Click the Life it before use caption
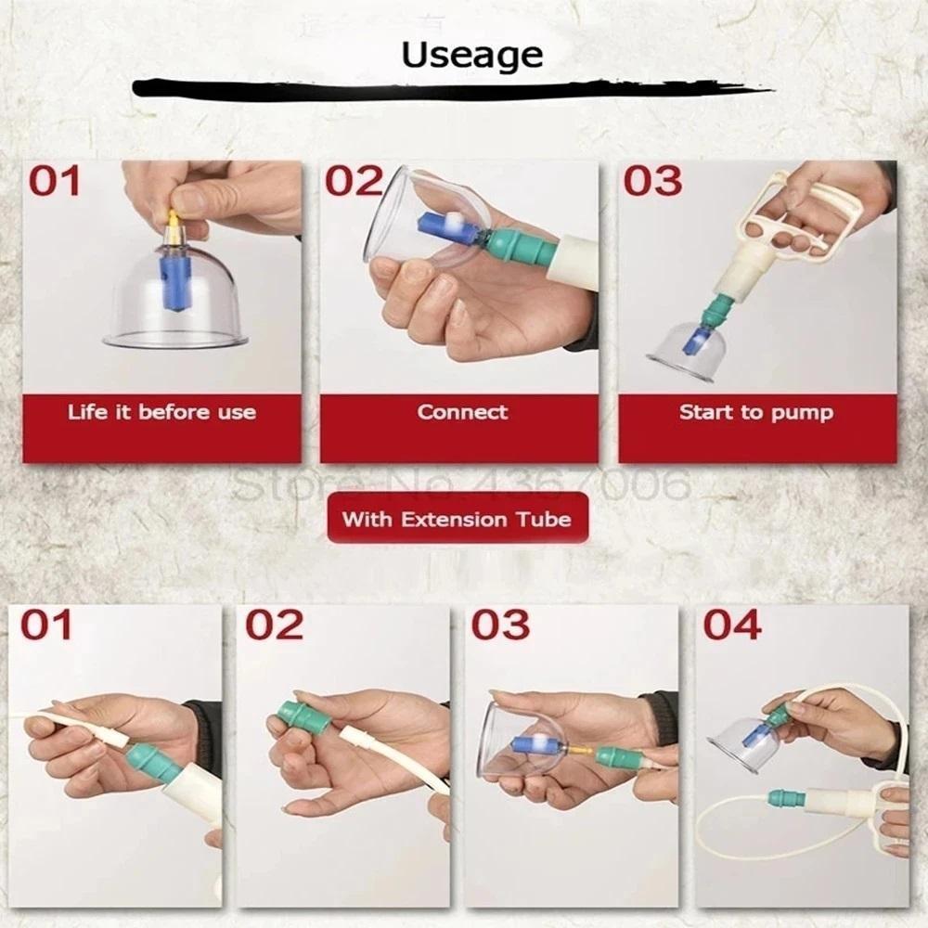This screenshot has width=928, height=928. pos(161,412)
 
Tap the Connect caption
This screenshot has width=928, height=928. pos(462,412)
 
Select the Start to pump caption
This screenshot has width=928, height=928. pos(755,412)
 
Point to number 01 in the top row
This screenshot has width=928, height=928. pos(55,181)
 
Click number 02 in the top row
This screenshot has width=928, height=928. pos(353,181)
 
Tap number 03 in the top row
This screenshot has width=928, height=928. pos(652,181)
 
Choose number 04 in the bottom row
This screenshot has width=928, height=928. pos(731,625)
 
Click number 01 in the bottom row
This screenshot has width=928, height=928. pos(46,625)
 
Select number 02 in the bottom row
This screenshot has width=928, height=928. pos(274,625)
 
